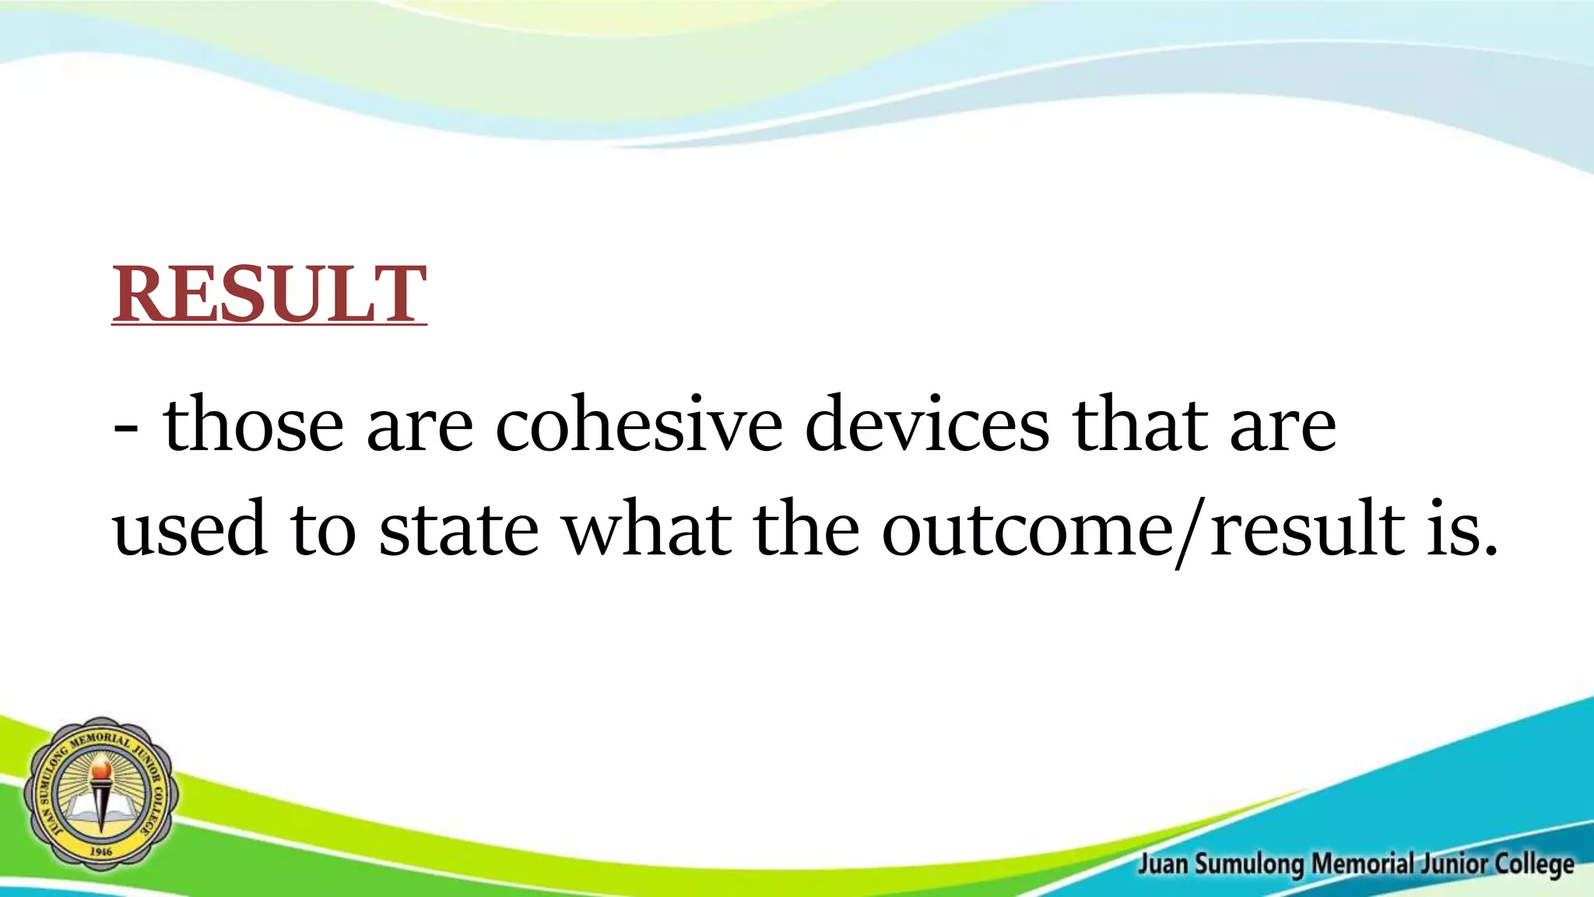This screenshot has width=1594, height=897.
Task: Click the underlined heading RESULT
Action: point(269,294)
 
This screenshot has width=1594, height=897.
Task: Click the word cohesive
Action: point(638,424)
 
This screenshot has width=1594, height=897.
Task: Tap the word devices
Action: point(926,424)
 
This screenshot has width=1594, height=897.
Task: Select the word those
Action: point(253,424)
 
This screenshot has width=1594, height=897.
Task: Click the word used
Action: point(190,529)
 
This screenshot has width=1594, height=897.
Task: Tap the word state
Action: point(458,529)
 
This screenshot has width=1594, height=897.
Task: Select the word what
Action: point(648,529)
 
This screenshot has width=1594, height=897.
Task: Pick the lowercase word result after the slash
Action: point(1308,529)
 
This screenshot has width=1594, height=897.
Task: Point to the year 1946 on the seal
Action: point(101,852)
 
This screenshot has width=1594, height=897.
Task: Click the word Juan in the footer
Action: point(1163,864)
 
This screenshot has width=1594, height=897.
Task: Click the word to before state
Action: point(323,529)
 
